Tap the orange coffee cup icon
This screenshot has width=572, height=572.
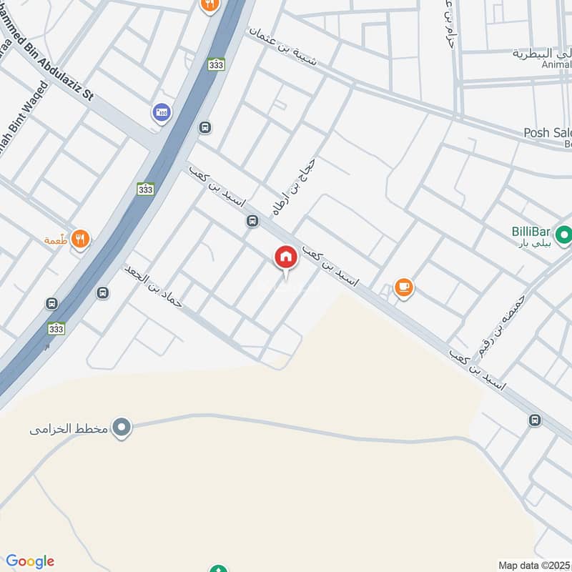click(404, 287)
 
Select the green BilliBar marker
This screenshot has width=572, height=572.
click(563, 234)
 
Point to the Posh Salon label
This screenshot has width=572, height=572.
click(548, 133)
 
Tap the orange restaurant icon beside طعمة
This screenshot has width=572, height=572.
click(81, 240)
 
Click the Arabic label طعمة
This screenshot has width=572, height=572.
click(56, 240)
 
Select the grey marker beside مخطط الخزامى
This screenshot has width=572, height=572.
click(123, 428)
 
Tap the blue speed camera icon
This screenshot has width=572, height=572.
click(161, 112)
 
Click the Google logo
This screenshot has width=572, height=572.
click(29, 561)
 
